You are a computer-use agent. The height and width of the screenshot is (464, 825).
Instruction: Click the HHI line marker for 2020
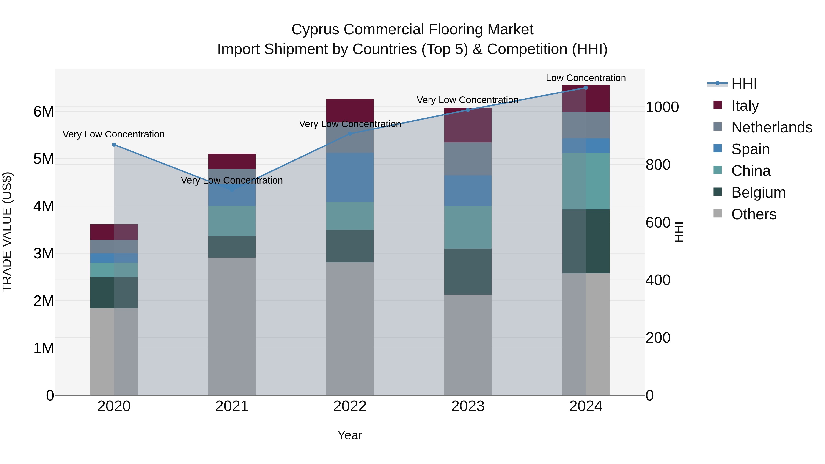tap(114, 145)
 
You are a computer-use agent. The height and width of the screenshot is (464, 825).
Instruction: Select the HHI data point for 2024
tap(586, 88)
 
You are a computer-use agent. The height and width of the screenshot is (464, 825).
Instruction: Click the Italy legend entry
tap(745, 105)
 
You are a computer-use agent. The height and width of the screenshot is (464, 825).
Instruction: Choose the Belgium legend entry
tap(758, 192)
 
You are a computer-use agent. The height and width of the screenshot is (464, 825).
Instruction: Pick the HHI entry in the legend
tap(744, 84)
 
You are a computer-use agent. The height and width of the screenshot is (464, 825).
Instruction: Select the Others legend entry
tap(753, 214)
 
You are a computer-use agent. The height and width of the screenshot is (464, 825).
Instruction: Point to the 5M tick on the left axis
tap(44, 159)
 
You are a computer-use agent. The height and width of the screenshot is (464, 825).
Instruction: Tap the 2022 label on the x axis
tap(350, 406)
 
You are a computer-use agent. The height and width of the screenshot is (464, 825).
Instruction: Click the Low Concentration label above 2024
tap(586, 78)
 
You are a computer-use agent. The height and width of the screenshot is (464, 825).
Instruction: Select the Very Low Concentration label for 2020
tap(114, 134)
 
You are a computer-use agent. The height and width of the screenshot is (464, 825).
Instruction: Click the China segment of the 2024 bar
tap(586, 181)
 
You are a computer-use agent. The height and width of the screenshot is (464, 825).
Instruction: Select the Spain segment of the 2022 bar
tap(350, 177)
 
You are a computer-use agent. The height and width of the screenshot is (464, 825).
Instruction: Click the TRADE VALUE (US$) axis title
tap(7, 232)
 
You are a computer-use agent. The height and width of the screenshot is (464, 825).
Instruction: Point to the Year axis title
tap(350, 435)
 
